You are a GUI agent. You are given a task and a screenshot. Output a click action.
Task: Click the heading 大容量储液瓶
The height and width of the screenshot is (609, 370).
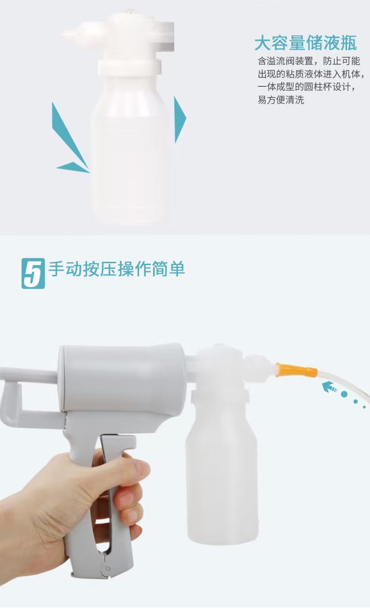click(x=306, y=43)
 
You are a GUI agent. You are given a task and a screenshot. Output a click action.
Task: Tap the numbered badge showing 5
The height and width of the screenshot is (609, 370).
click(x=33, y=273)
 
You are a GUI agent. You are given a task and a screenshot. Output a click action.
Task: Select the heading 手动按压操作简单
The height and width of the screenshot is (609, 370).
click(x=117, y=269)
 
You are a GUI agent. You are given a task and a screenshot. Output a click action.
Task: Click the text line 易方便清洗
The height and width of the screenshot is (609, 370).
click(x=281, y=100)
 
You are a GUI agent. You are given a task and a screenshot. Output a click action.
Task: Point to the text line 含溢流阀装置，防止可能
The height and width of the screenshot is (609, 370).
click(x=309, y=61)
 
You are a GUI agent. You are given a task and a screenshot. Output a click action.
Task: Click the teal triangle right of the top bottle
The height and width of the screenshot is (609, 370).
click(x=180, y=120)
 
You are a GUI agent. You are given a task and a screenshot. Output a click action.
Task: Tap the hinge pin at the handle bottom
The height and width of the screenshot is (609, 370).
click(x=108, y=569)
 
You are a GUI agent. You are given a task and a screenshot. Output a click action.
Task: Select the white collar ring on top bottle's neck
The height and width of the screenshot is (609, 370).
click(x=130, y=67)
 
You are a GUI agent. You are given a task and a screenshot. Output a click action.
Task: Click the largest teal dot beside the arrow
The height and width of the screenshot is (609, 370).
click(x=344, y=394)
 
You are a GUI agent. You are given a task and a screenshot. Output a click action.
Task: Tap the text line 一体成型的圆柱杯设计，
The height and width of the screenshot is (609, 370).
click(x=307, y=87)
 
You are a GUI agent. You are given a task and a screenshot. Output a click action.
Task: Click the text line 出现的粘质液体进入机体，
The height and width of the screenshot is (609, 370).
click(x=311, y=74)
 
